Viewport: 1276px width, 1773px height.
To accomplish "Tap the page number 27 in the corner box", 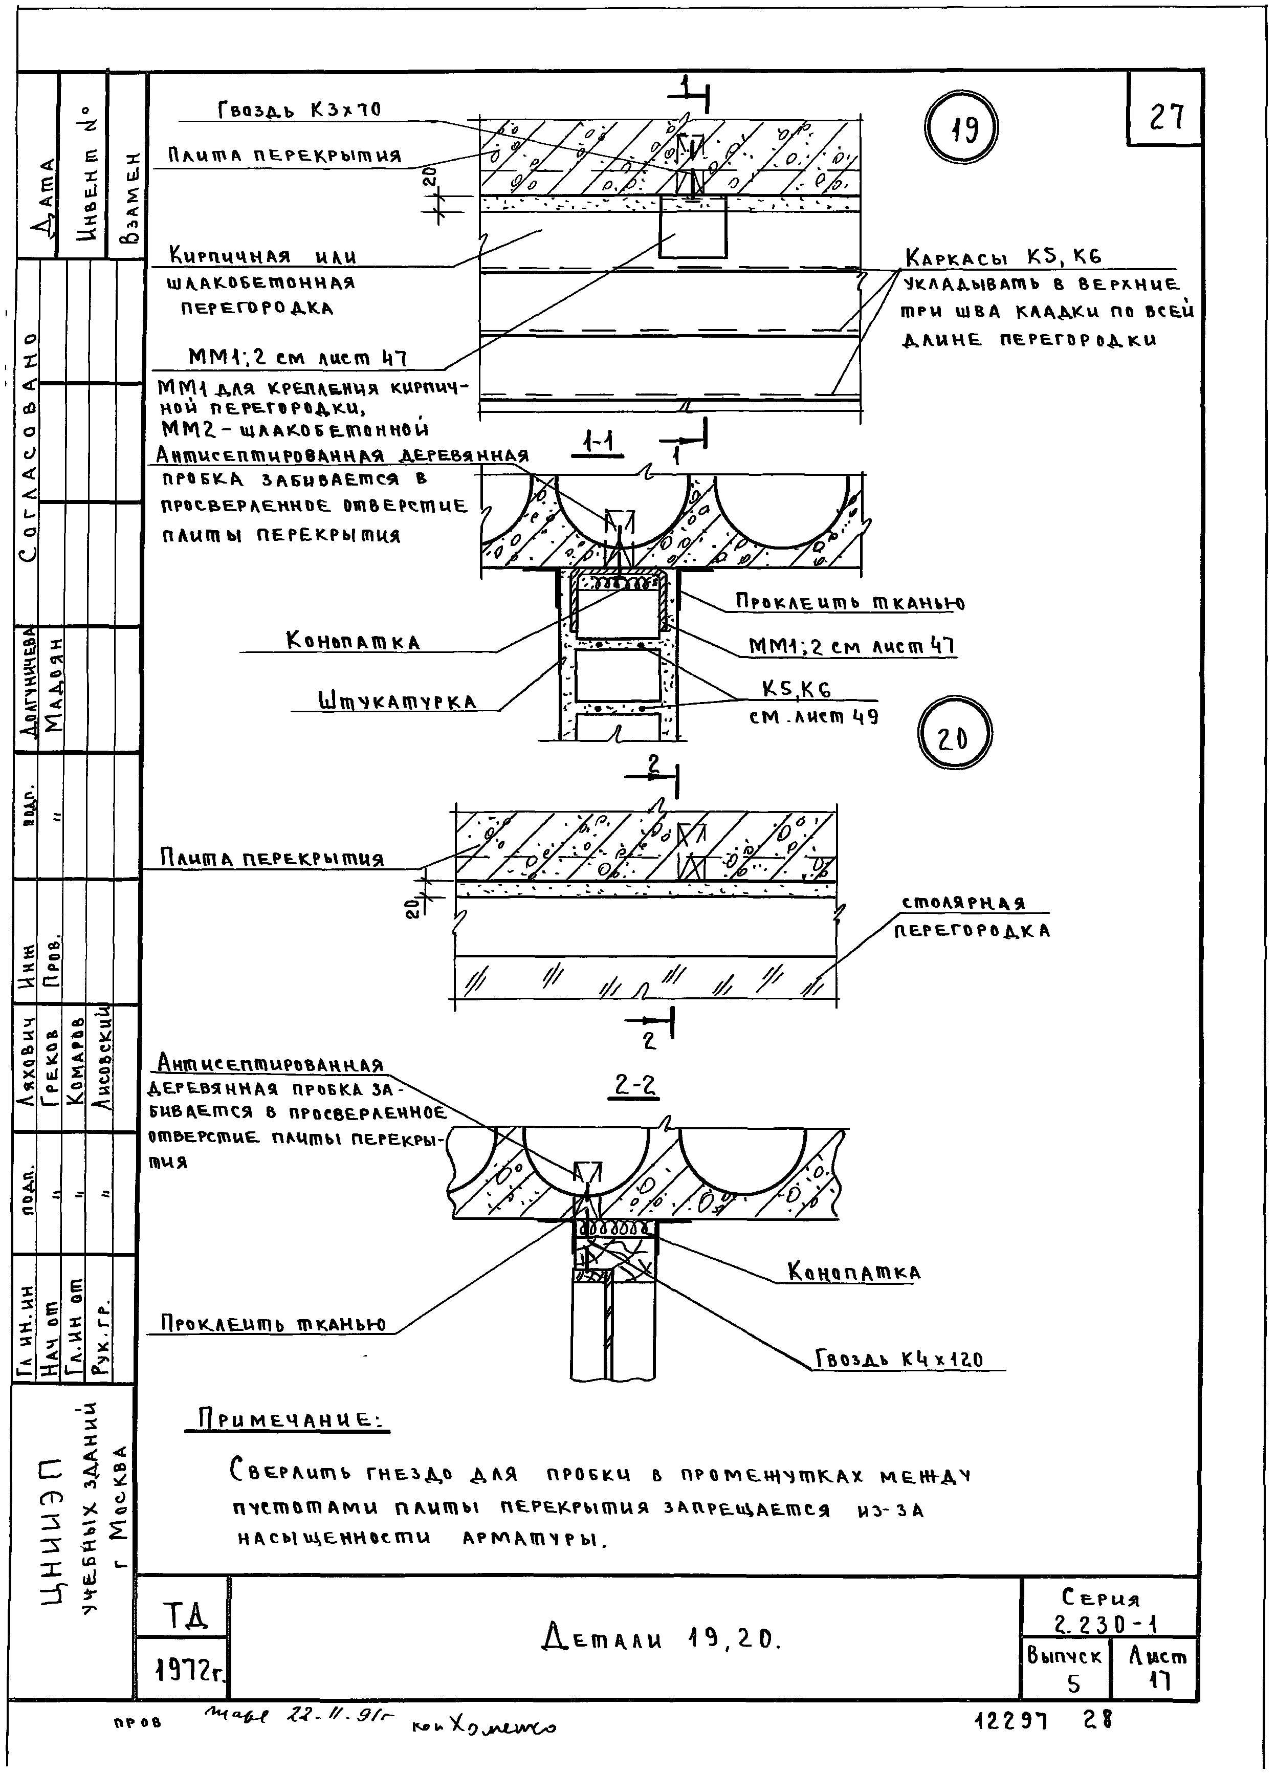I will click(1165, 117).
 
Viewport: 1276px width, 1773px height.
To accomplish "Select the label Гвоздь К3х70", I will click(299, 110).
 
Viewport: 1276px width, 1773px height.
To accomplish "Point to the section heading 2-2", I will click(634, 1084).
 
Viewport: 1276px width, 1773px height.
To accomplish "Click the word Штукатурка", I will click(397, 701).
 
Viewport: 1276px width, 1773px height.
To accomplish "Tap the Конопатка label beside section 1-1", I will click(354, 642).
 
